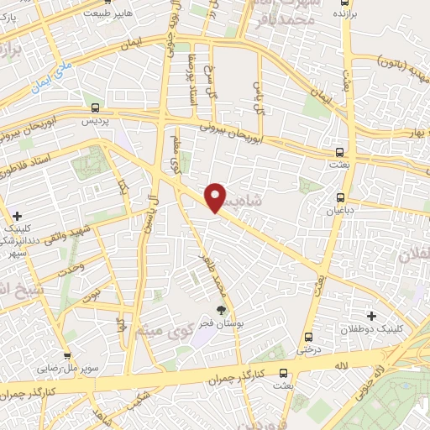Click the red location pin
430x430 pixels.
tap(216, 197)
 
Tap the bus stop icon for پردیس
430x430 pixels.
tap(95, 107)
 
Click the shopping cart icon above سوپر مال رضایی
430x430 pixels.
tap(67, 355)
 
